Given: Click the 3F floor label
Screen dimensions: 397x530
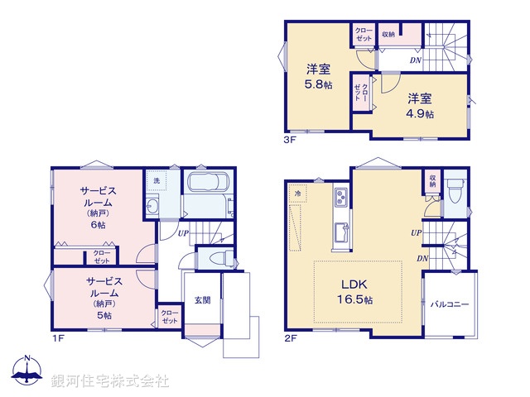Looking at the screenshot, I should (290, 140).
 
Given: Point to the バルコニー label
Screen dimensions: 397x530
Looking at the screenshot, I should (450, 304).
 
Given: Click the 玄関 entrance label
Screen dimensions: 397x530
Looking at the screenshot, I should (202, 300).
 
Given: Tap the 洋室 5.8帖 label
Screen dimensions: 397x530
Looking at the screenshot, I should (318, 75).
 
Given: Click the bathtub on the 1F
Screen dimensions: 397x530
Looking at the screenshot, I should (207, 186).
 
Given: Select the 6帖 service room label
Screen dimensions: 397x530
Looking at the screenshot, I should (98, 208).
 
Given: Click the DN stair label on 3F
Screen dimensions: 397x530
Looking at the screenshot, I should (416, 60).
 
